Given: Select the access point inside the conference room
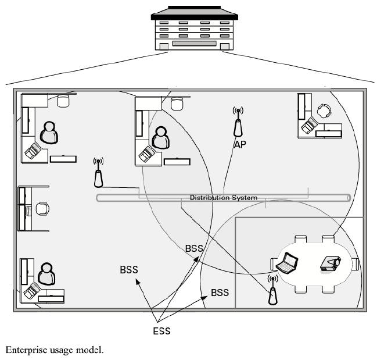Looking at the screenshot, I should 271,290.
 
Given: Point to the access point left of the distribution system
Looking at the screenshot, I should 98,173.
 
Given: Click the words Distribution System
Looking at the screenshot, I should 223,198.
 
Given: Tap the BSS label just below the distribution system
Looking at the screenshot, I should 194,248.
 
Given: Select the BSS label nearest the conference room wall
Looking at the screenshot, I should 220,293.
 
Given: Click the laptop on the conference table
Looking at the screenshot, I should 288,265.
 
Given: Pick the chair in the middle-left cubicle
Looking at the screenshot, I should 42,208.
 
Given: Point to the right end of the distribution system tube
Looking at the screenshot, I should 347,198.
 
